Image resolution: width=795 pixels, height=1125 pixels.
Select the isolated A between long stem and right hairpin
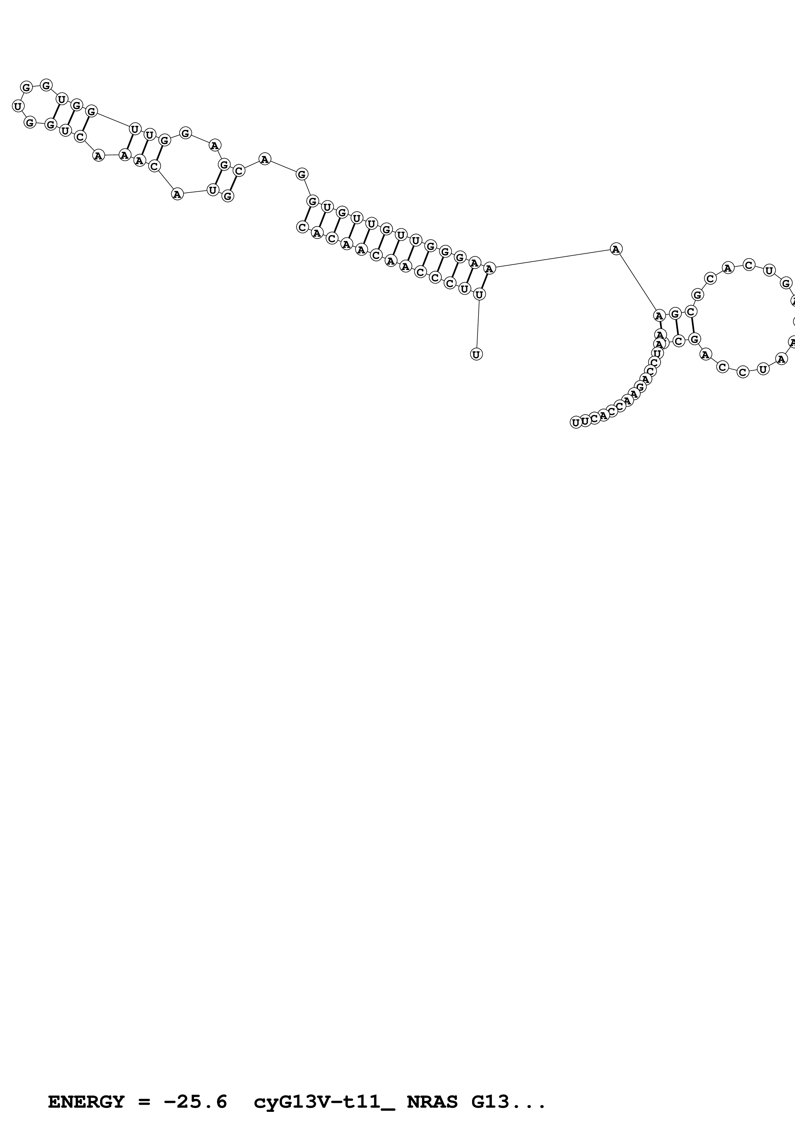616,249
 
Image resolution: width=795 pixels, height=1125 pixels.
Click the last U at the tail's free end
576,422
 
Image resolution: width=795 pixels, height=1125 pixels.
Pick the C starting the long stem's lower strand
302,227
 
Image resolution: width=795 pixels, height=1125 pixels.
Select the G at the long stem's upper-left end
312,201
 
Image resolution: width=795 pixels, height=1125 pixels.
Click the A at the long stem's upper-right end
489,268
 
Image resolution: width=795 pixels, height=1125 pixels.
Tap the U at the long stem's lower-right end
479,294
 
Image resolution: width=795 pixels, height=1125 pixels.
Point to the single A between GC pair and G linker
265,159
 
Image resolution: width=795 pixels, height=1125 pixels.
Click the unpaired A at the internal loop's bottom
177,194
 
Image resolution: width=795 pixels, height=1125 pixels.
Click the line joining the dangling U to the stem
478,324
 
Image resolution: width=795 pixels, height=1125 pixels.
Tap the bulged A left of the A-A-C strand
98,156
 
